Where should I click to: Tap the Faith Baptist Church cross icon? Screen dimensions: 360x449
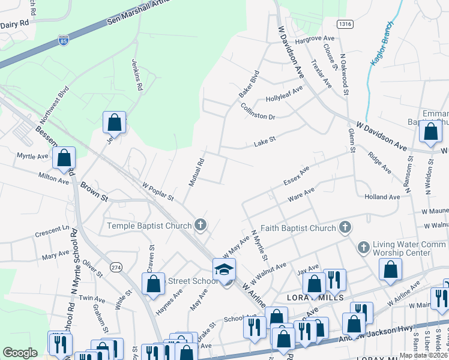[x=345, y=227]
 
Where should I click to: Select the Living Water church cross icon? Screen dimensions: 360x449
[x=363, y=247]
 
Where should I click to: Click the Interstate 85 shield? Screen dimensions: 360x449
[x=63, y=40]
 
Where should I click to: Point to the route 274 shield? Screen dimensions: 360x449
[x=115, y=266]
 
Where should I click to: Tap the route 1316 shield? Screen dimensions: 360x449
[x=344, y=23]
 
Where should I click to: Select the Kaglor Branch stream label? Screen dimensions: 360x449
[x=382, y=44]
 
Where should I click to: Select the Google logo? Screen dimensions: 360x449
[x=20, y=353]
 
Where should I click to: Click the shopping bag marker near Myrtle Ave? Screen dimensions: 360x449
[x=64, y=158]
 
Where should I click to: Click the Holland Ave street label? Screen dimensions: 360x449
[x=382, y=197]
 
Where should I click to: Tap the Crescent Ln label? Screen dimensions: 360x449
[x=52, y=232]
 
